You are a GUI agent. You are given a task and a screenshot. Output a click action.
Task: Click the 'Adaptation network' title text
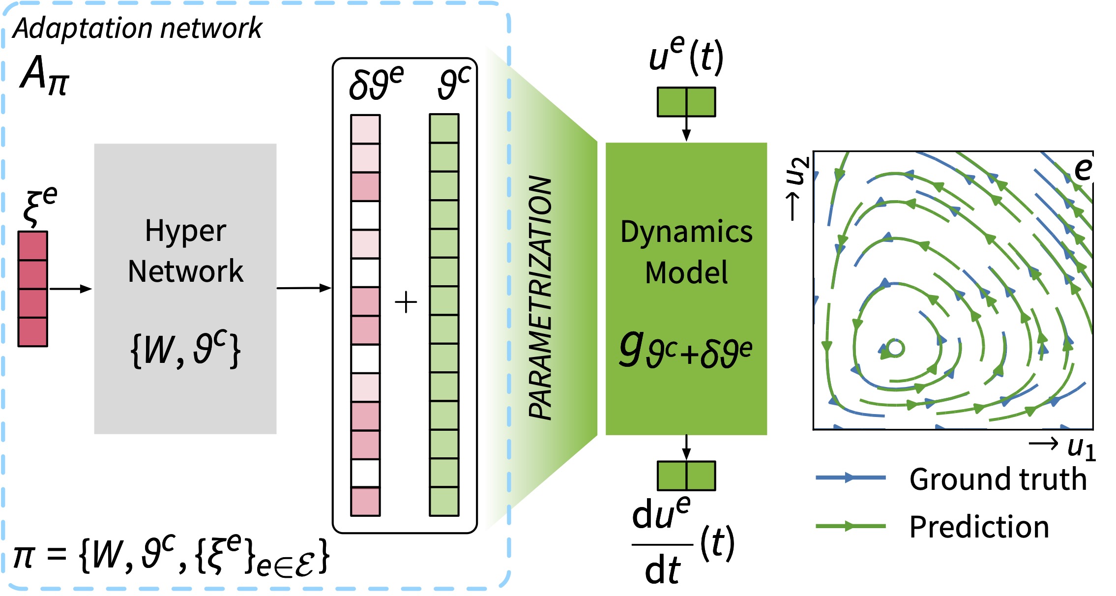pyautogui.click(x=138, y=29)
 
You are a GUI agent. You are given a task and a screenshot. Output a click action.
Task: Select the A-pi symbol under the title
pyautogui.click(x=45, y=75)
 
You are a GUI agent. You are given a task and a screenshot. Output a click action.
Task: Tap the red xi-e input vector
pyautogui.click(x=33, y=289)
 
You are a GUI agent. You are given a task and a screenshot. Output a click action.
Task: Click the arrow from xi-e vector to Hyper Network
pyautogui.click(x=70, y=289)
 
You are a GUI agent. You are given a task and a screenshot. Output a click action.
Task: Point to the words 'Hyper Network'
pyautogui.click(x=185, y=251)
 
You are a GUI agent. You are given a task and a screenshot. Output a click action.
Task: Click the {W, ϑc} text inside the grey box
pyautogui.click(x=185, y=349)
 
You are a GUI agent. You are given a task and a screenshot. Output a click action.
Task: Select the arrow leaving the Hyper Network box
pyautogui.click(x=303, y=288)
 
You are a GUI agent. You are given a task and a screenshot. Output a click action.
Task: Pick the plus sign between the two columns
pyautogui.click(x=406, y=302)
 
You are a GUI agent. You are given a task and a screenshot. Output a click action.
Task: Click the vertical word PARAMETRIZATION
pyautogui.click(x=540, y=298)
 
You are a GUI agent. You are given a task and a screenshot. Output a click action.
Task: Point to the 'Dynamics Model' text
pyautogui.click(x=686, y=252)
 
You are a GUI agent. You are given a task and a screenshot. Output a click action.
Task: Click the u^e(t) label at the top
pyautogui.click(x=686, y=57)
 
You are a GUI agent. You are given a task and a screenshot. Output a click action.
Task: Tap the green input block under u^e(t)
pyautogui.click(x=686, y=102)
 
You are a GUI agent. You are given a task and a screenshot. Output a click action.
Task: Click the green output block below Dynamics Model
pyautogui.click(x=686, y=476)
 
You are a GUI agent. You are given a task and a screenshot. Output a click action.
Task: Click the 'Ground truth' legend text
pyautogui.click(x=998, y=479)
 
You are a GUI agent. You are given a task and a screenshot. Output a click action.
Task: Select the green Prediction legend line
pyautogui.click(x=851, y=526)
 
